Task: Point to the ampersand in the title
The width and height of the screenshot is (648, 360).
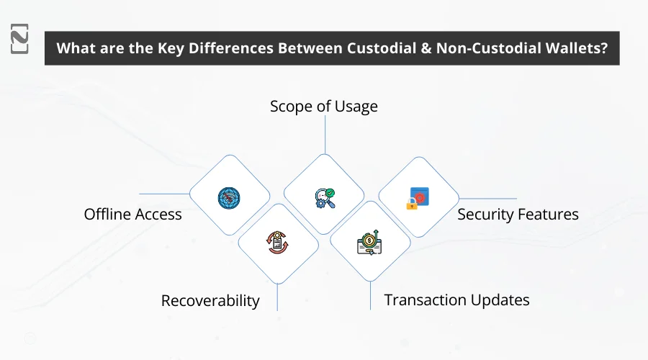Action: pos(425,49)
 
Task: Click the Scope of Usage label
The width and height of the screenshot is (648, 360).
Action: pos(324,107)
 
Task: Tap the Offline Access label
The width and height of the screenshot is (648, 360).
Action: pos(133,214)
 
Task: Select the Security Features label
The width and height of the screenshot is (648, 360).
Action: pos(518,214)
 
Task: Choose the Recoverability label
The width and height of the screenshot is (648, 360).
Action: pos(210,300)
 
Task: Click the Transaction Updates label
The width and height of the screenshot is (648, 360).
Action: pos(456,300)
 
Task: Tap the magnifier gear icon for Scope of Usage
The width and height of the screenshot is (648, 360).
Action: pos(324,196)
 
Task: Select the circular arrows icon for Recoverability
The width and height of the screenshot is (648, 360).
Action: pos(277,241)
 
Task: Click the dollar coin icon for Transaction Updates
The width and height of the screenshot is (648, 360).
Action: pos(370,241)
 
